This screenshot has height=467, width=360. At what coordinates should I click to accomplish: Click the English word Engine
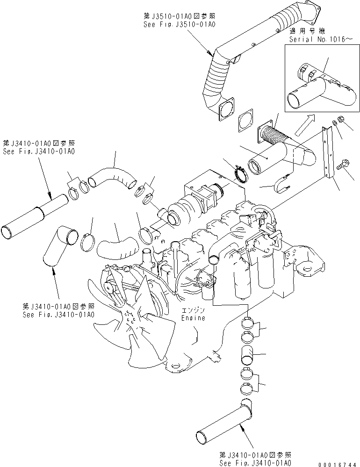point(193,318)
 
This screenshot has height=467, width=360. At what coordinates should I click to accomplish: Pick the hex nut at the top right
point(340,121)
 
